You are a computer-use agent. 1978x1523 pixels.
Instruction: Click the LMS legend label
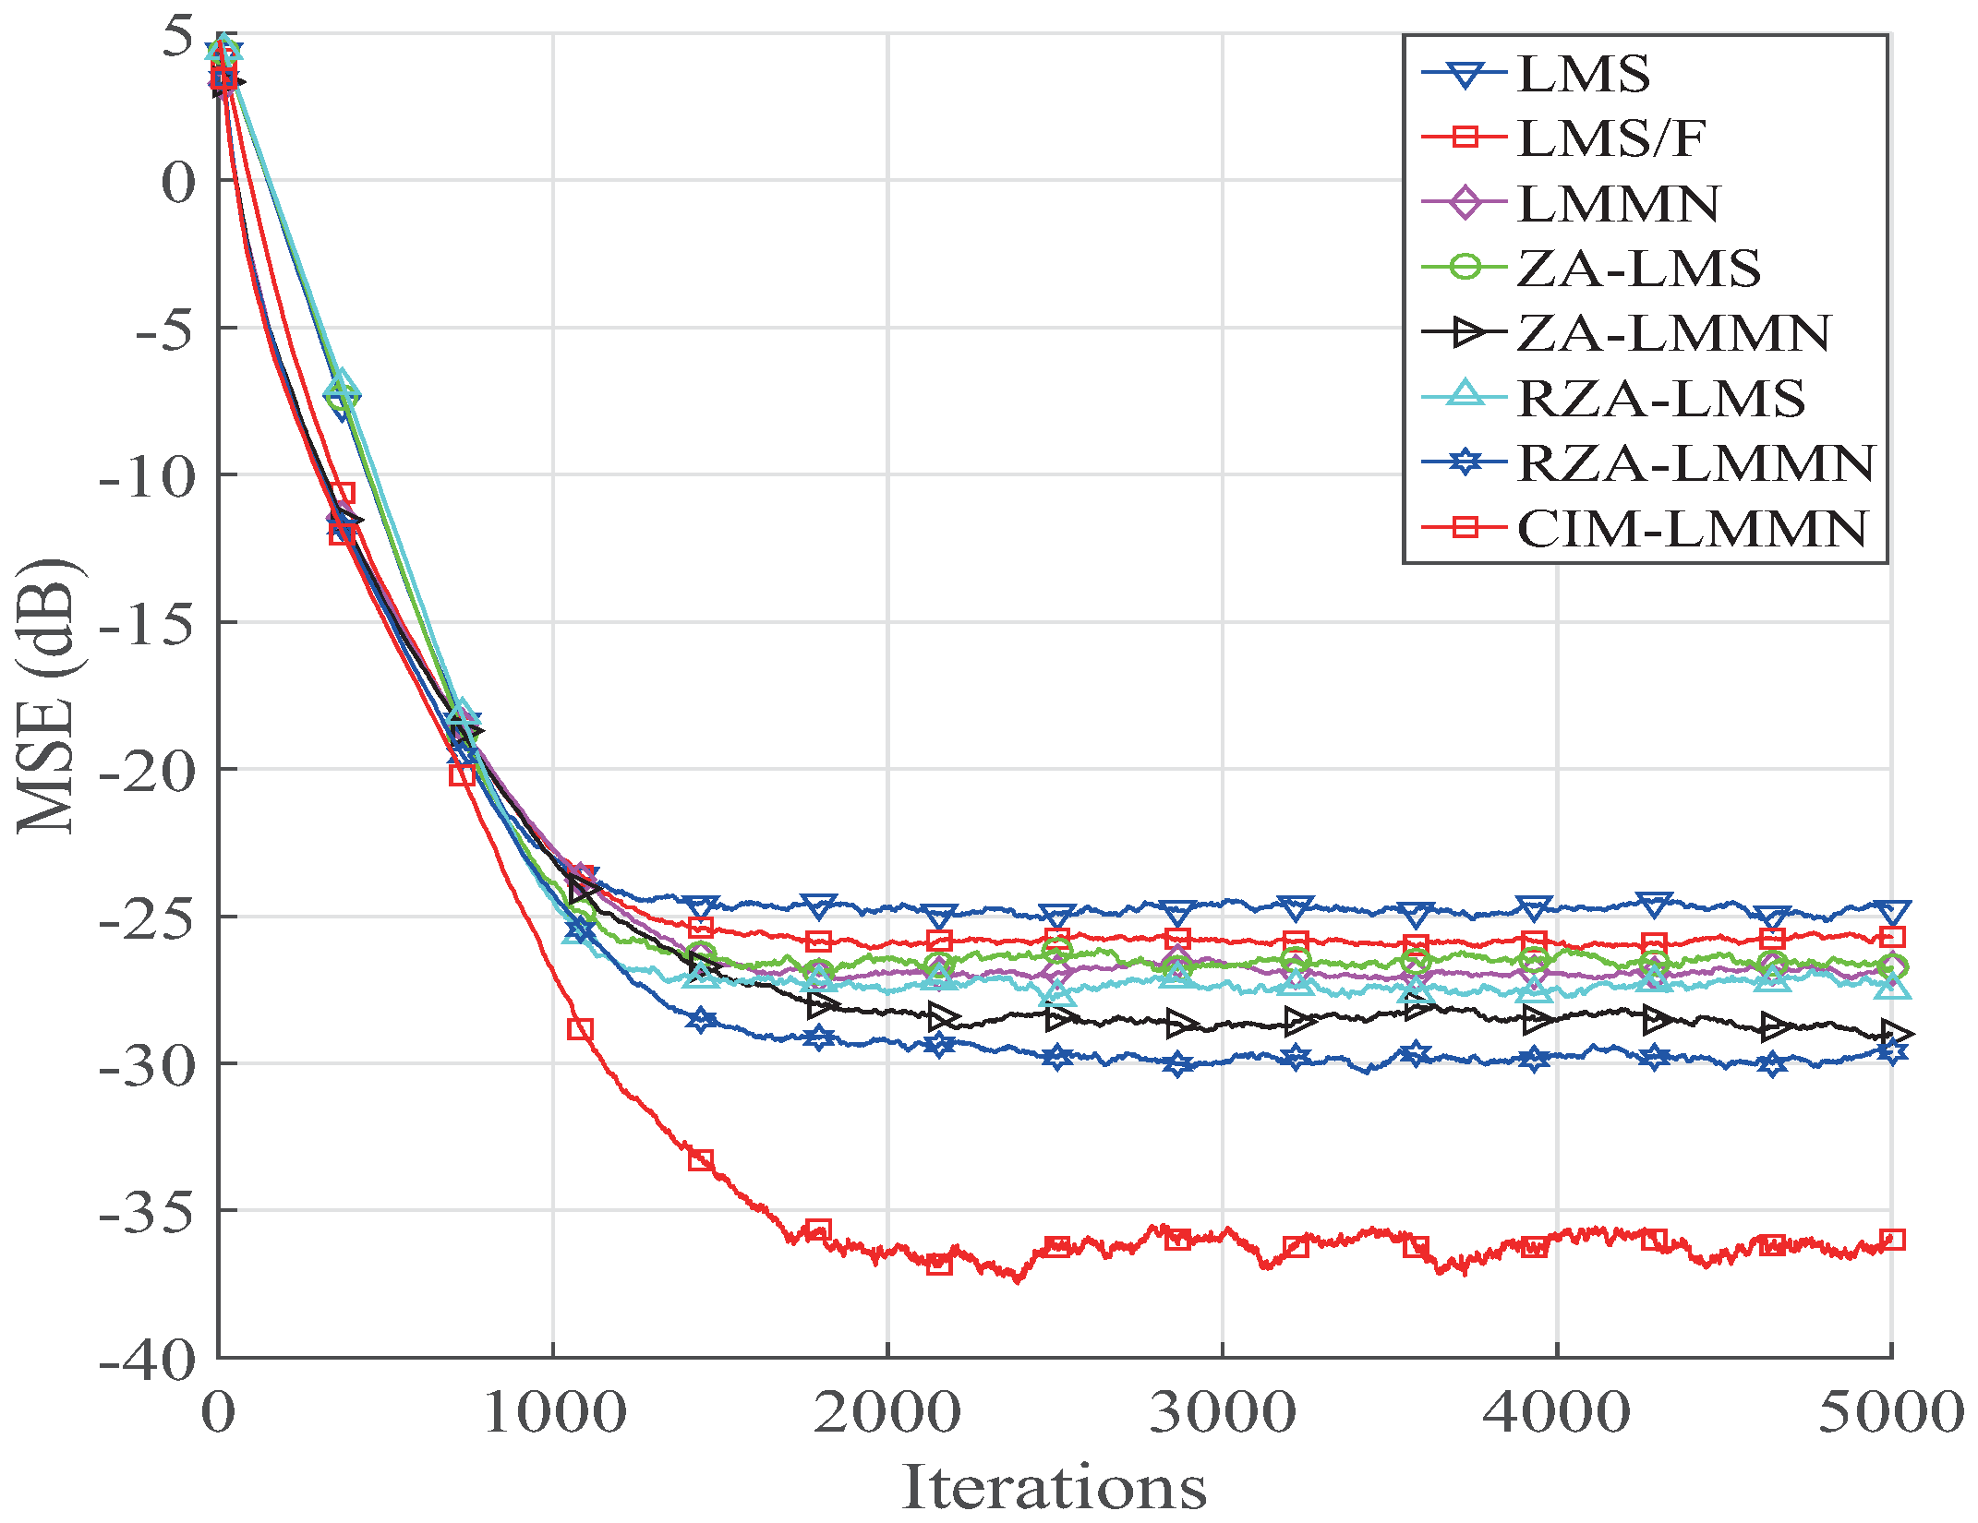click(x=1583, y=74)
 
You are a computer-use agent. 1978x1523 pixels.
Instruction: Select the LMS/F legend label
click(x=1610, y=138)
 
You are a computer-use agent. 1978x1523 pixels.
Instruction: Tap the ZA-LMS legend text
click(x=1638, y=269)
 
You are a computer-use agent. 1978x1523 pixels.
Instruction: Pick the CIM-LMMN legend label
click(x=1692, y=529)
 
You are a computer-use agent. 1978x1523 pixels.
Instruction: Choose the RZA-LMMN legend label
click(x=1695, y=463)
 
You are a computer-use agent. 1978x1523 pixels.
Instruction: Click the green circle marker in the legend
click(x=1465, y=268)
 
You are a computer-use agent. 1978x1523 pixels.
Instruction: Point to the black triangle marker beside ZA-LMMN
click(x=1465, y=333)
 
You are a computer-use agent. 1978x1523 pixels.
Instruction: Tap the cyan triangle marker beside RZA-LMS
click(x=1465, y=397)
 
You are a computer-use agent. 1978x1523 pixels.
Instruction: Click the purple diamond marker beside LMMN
click(x=1465, y=203)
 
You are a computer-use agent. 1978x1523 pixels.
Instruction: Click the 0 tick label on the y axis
click(x=178, y=182)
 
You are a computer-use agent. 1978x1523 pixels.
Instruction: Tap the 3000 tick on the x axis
click(x=1222, y=1413)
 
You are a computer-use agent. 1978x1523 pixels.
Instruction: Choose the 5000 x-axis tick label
click(x=1889, y=1413)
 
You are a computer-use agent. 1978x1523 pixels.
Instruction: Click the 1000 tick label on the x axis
click(x=554, y=1413)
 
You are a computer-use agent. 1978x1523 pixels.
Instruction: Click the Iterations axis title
click(x=1054, y=1487)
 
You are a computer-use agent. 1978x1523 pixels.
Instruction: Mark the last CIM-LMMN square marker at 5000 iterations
click(x=1892, y=1240)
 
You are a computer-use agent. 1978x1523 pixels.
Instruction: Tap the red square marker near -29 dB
click(x=580, y=1029)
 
